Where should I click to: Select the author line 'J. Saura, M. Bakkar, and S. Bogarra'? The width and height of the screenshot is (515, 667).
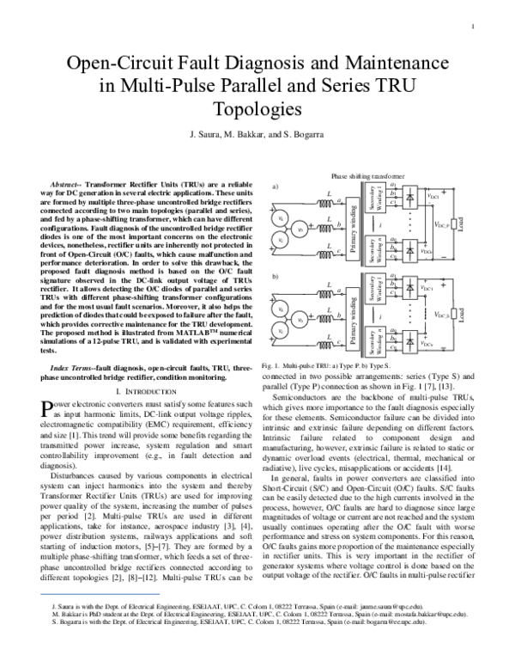[x=257, y=137]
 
